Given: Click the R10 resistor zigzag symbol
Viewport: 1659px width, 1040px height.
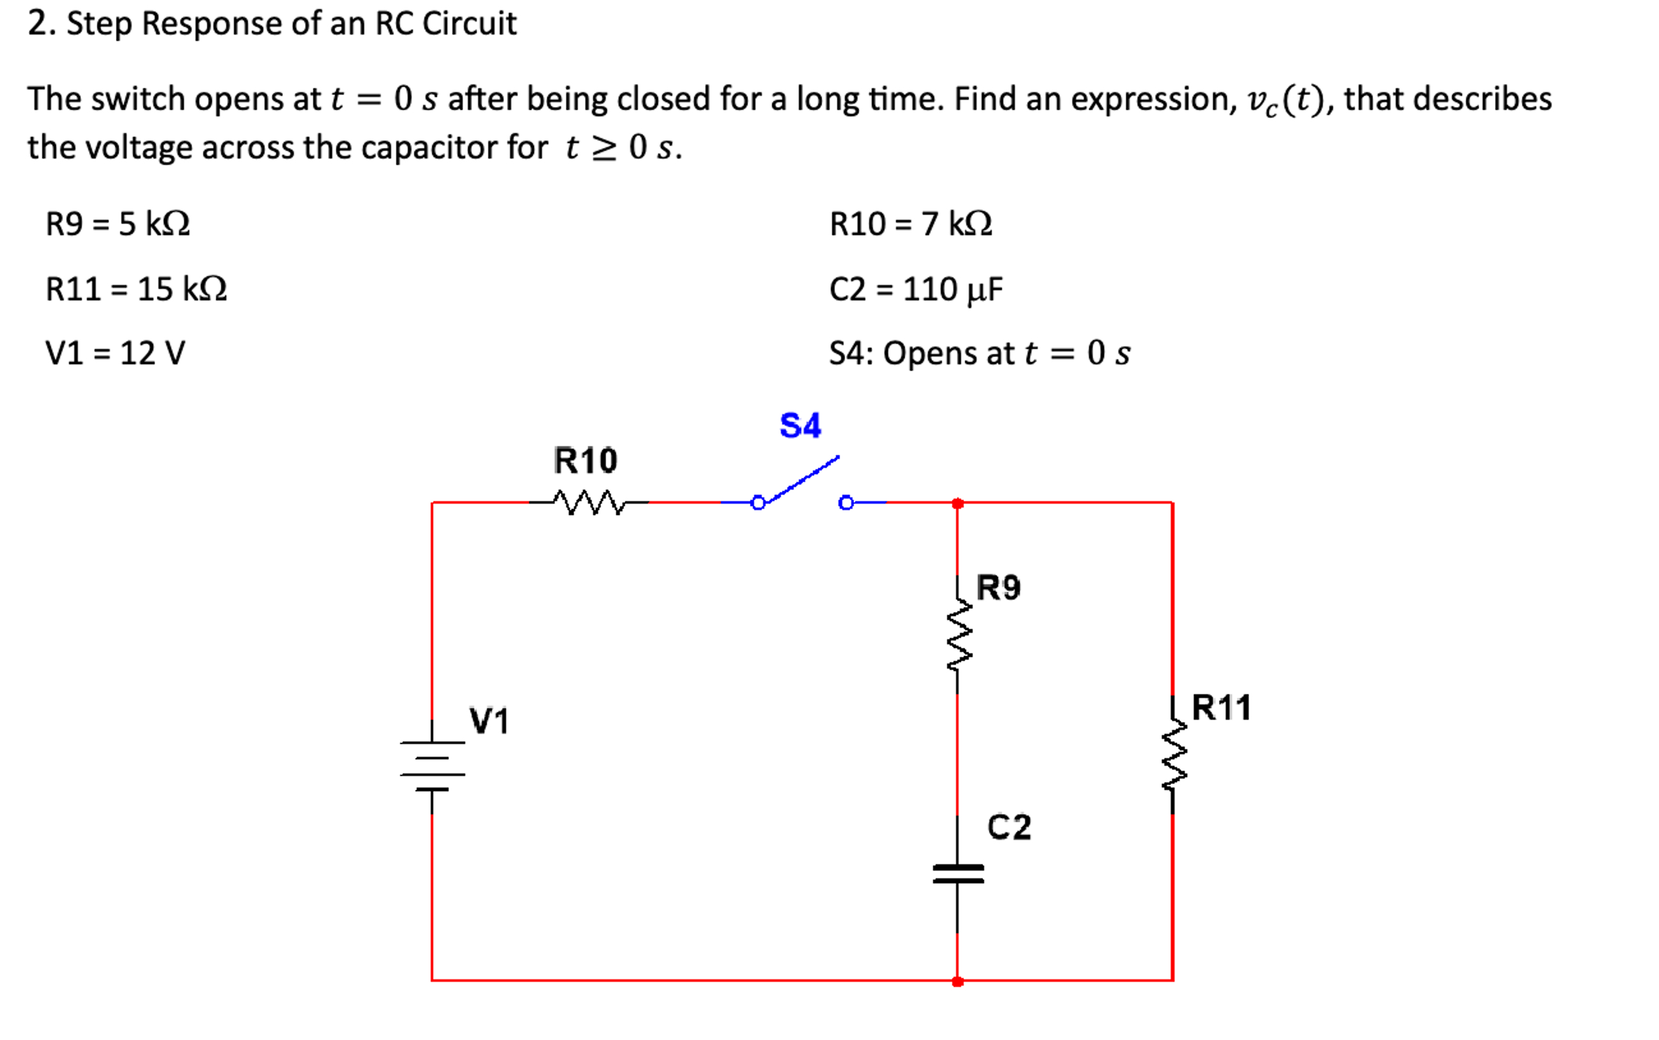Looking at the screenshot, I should pyautogui.click(x=589, y=503).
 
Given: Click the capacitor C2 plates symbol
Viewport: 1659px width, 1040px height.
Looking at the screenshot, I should pyautogui.click(x=958, y=874).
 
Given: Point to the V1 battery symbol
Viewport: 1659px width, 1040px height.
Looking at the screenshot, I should pyautogui.click(x=433, y=766).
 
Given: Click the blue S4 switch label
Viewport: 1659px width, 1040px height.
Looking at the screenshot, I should pyautogui.click(x=799, y=425).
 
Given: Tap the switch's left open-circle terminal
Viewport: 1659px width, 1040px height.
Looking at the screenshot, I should pyautogui.click(x=758, y=503).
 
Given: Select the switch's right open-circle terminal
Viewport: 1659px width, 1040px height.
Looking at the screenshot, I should pyautogui.click(x=845, y=503).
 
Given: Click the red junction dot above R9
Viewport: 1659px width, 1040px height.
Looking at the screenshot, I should pyautogui.click(x=958, y=504).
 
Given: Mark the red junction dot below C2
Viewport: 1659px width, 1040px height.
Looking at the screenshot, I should pyautogui.click(x=958, y=982).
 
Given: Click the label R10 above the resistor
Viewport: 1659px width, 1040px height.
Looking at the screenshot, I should pyautogui.click(x=585, y=460).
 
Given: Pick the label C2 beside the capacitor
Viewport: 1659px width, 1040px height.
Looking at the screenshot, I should pyautogui.click(x=1008, y=827).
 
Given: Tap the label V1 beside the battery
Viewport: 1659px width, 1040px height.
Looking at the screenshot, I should pyautogui.click(x=489, y=721).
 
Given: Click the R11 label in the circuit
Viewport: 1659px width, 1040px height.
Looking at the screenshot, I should pyautogui.click(x=1221, y=707).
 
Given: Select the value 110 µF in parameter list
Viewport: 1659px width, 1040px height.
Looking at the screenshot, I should pyautogui.click(x=952, y=289).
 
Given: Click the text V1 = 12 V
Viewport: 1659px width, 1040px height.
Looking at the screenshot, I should pyautogui.click(x=116, y=353).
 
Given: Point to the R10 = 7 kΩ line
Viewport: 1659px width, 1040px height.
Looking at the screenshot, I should pyautogui.click(x=910, y=224).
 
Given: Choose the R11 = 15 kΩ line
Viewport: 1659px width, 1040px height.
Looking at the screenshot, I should pyautogui.click(x=136, y=289).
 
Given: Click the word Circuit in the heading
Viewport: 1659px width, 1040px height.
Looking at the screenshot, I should pyautogui.click(x=469, y=24).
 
